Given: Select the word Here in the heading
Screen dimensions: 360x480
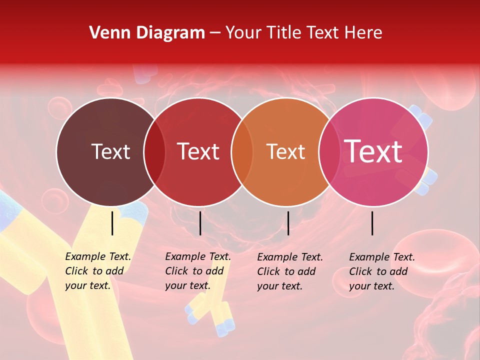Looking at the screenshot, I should click(x=363, y=33).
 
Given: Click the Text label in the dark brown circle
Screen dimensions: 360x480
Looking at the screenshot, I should click(x=110, y=151).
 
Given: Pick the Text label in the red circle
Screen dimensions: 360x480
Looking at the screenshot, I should click(x=198, y=151).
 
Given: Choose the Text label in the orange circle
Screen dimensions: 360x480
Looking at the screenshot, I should click(x=286, y=151).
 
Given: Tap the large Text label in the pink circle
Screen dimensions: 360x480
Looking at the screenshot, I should click(x=373, y=151).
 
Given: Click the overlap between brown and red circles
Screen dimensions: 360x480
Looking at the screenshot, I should click(x=154, y=152).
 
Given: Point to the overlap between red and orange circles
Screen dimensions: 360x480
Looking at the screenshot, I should click(x=242, y=152).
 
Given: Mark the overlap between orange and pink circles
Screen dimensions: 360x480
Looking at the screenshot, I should click(x=329, y=152).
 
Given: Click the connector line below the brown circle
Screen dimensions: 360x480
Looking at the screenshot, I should click(x=112, y=223).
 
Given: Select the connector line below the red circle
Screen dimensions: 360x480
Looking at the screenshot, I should click(x=200, y=223).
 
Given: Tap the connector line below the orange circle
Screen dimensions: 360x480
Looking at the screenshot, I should click(x=288, y=223).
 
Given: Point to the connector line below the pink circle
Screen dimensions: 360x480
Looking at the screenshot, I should click(x=372, y=223).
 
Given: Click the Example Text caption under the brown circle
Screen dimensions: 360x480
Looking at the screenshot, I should click(x=97, y=271).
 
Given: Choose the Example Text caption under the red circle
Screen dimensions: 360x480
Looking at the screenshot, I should click(x=197, y=271).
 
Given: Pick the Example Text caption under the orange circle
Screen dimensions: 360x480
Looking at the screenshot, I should click(x=289, y=271).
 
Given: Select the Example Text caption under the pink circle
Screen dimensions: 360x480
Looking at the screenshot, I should click(x=381, y=271).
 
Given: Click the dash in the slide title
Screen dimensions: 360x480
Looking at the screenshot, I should click(x=215, y=33).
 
